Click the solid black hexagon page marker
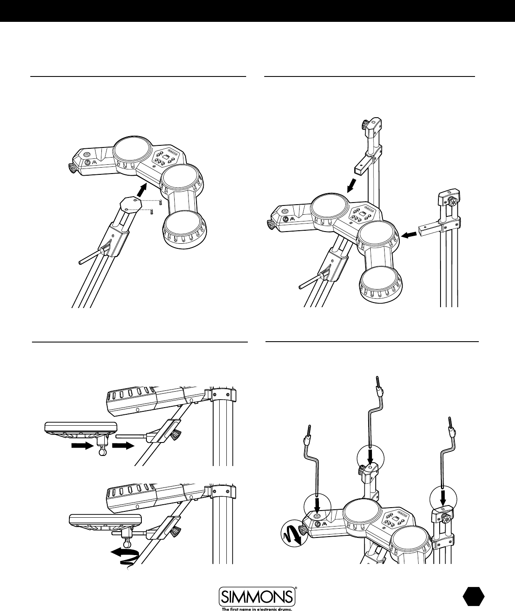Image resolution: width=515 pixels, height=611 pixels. click(x=473, y=597)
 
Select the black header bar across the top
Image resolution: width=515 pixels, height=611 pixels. click(x=257, y=11)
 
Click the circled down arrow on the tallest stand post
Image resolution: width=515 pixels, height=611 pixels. click(x=370, y=456)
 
